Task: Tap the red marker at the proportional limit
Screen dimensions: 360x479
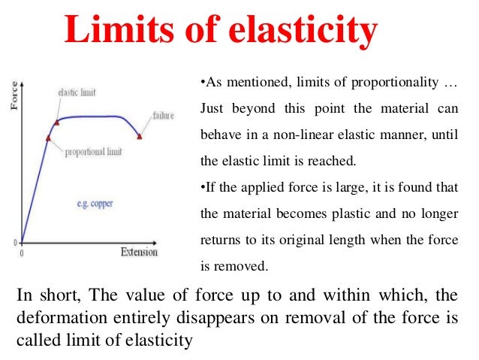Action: click(x=48, y=138)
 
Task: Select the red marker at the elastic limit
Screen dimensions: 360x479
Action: click(x=57, y=122)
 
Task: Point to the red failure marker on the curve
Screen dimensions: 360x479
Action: click(x=140, y=135)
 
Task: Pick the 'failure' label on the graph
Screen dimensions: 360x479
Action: click(x=164, y=116)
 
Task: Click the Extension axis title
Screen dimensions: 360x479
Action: click(x=139, y=253)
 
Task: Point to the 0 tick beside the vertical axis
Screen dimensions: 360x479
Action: click(x=16, y=243)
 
